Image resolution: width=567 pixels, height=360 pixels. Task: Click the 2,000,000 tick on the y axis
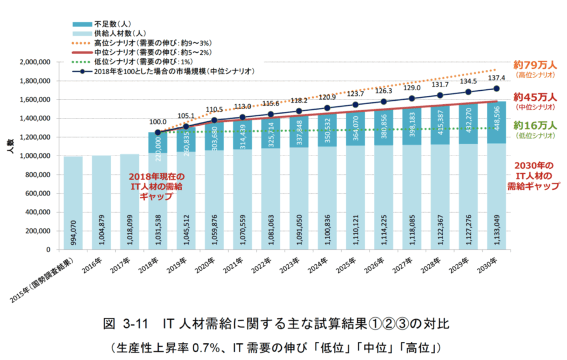click(x=34, y=62)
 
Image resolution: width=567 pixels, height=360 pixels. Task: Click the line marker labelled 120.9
click(x=327, y=108)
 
